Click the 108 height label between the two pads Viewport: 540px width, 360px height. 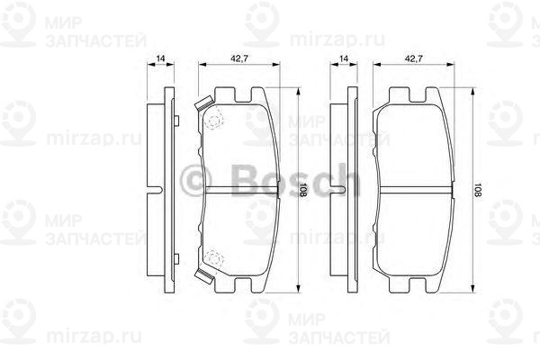click(304, 190)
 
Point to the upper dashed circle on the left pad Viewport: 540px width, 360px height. click(214, 120)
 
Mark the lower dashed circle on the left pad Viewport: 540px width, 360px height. click(214, 259)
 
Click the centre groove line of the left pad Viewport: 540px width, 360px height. click(236, 190)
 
